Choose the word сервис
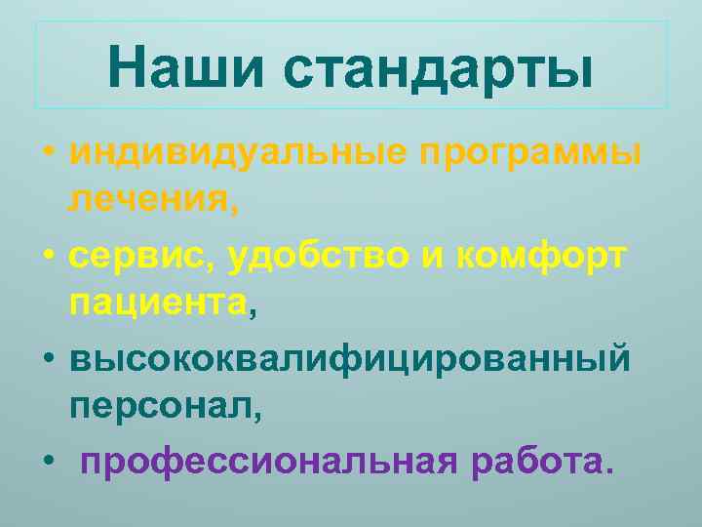[142, 257]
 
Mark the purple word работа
[535, 459]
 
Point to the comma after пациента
[253, 313]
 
